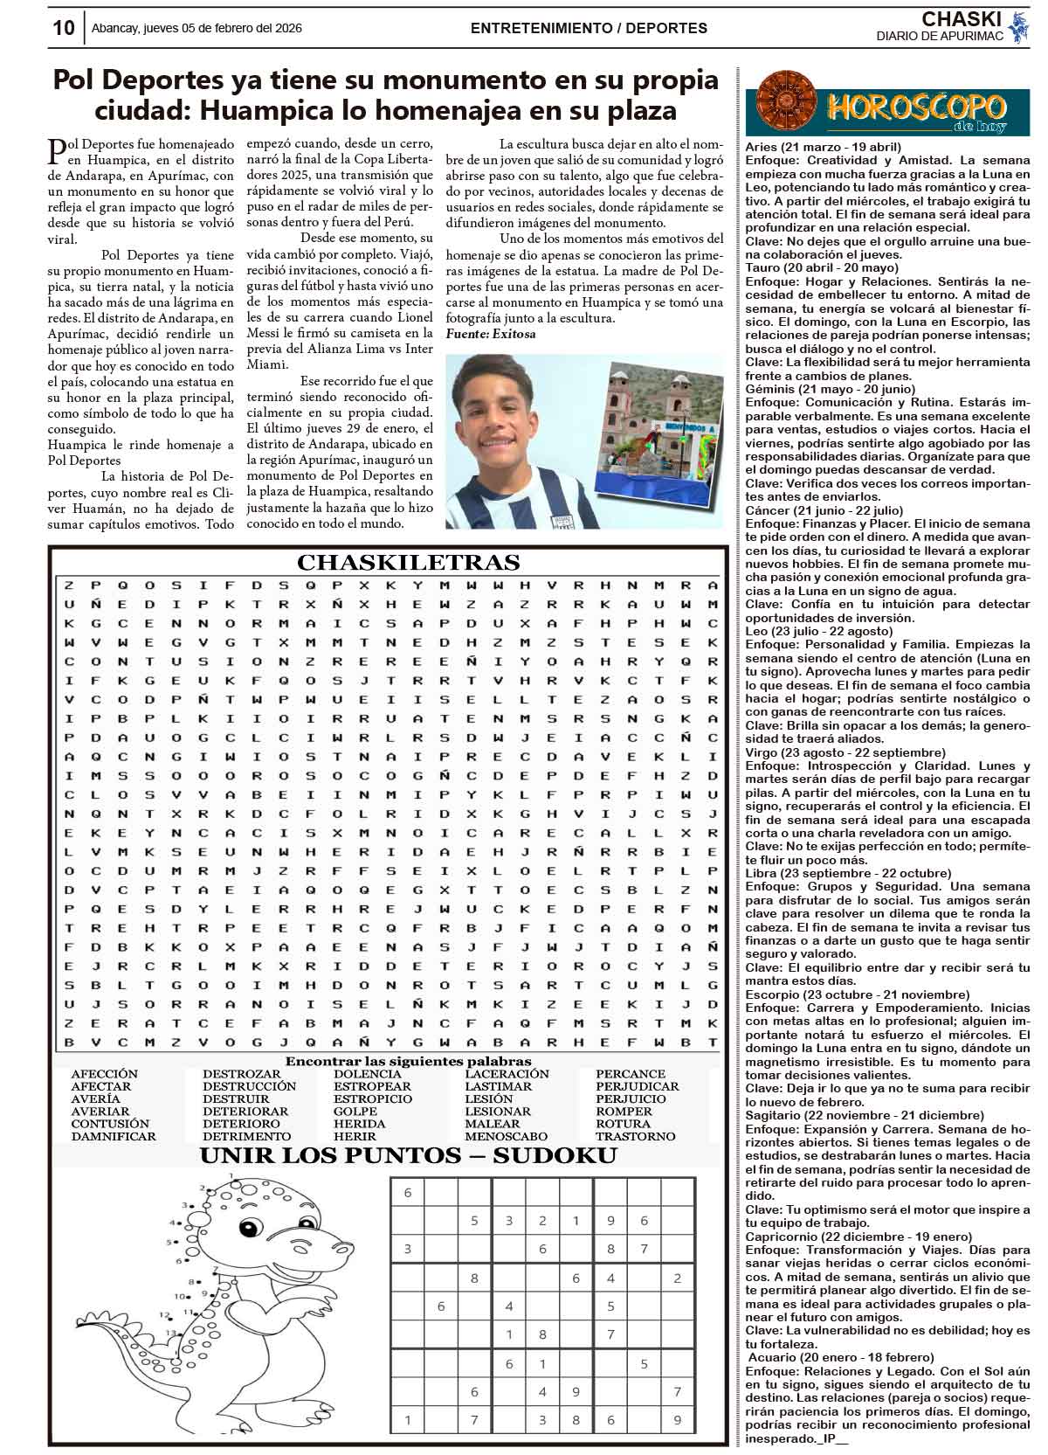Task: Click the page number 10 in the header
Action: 63,27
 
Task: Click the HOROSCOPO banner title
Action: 916,107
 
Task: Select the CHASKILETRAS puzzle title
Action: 408,562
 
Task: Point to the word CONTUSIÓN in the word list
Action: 110,1123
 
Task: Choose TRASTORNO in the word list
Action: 635,1136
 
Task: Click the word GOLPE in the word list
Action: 355,1111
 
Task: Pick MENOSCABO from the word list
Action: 507,1136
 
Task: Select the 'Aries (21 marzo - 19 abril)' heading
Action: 823,147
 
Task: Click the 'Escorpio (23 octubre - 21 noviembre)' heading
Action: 844,994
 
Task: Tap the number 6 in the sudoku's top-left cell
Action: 407,1192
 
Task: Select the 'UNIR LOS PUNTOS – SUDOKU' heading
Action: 408,1156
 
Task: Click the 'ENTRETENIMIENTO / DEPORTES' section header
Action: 589,28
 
